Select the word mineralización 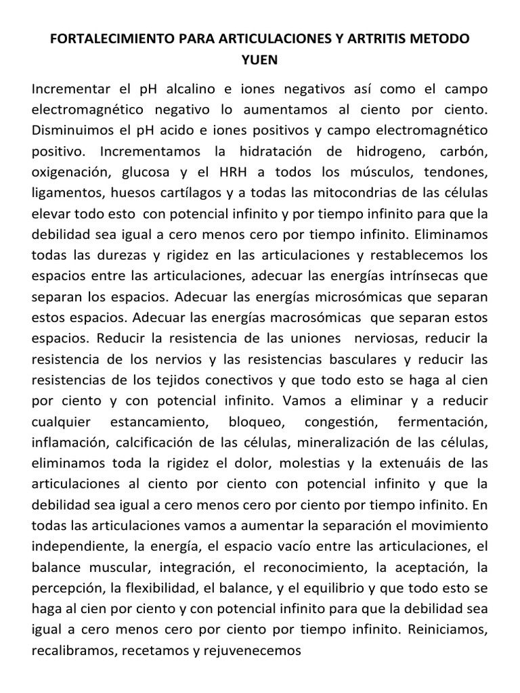[x=348, y=443]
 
